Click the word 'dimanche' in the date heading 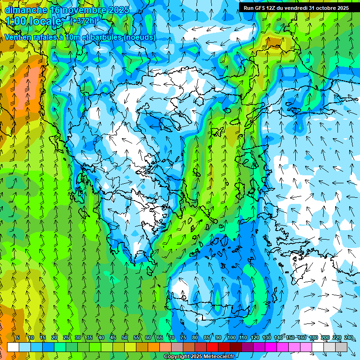tap(25, 9)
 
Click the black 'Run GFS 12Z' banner tap(296, 8)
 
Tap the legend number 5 tap(18, 337)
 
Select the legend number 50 tap(125, 337)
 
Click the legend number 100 tap(232, 337)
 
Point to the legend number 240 tap(348, 337)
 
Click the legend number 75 tap(183, 337)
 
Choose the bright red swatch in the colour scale tap(212, 347)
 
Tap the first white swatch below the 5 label tap(13, 347)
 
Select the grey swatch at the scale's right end tap(341, 347)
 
